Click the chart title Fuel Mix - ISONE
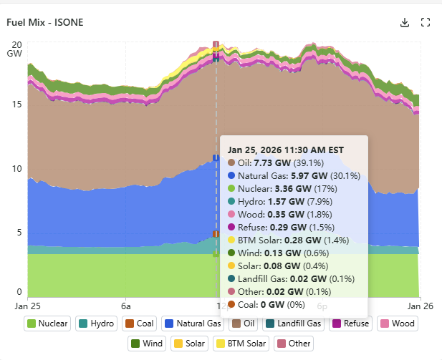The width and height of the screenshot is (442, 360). coord(45,22)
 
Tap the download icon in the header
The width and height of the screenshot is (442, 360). coord(405,22)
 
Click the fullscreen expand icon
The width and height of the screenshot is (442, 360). coord(425,22)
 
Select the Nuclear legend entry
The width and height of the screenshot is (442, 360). coord(47,323)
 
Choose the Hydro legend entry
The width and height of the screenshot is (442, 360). coord(97,323)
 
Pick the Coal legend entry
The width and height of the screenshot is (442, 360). coord(140,323)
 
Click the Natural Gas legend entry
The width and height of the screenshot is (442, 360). coord(191,323)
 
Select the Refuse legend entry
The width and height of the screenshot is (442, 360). coord(349,323)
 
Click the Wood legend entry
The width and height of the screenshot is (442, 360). coord(397,323)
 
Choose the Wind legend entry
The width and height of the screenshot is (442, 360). coord(148,344)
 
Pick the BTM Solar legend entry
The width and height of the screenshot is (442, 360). coord(241,344)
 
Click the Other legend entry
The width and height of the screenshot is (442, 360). coord(294,344)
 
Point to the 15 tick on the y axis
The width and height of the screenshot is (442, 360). coord(17,104)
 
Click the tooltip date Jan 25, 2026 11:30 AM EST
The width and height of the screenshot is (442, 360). coord(286,150)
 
